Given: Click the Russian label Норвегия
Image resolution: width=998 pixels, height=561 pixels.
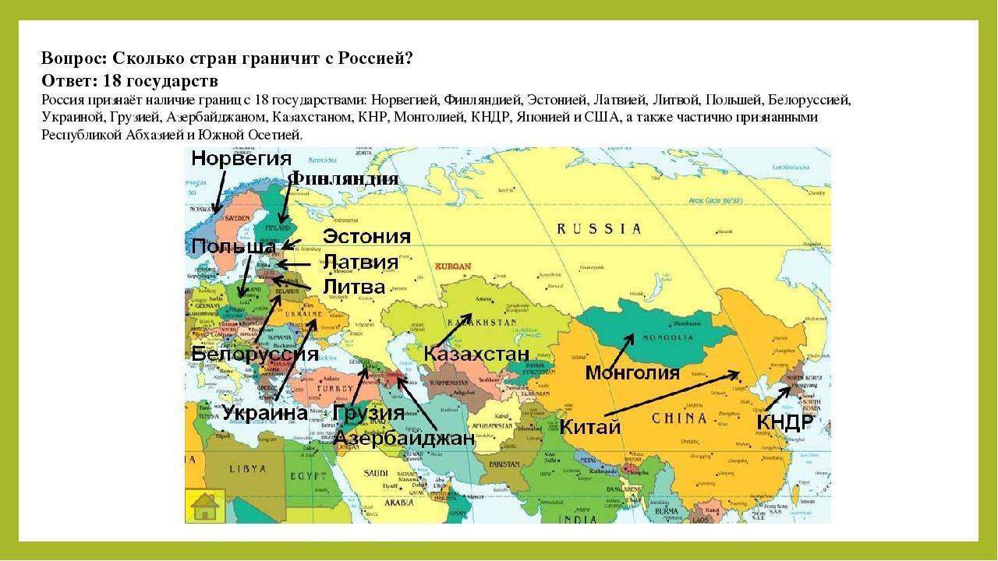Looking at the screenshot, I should tap(241, 159).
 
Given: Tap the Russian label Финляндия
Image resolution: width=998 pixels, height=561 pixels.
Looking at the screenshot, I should tap(344, 179).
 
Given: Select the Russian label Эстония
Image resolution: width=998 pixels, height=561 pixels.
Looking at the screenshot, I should tap(366, 237).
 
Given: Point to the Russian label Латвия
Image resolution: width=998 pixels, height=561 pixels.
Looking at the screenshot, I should tap(360, 262).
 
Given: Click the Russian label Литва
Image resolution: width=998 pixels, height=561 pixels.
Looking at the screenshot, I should tap(354, 287).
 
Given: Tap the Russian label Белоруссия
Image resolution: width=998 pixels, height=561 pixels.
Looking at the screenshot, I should tap(255, 354).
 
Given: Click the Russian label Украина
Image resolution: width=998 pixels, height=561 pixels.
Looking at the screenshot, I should tap(265, 413).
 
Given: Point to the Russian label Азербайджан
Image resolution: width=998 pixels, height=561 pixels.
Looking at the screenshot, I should tap(404, 438).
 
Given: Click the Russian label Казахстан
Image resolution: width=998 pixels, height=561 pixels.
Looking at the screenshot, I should tap(476, 355).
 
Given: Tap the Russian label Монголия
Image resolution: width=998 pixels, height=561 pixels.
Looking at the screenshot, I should tap(632, 372).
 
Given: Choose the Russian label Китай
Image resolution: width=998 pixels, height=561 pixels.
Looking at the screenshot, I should tap(590, 427).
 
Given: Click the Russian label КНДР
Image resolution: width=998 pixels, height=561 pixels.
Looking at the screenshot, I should tap(785, 422).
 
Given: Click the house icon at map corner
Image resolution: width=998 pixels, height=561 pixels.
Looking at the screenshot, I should tap(205, 506).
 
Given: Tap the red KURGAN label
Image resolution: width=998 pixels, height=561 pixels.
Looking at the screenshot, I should tap(453, 266).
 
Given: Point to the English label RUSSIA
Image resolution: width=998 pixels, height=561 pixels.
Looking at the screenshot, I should tap(600, 229).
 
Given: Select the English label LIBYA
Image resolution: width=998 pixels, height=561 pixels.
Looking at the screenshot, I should tap(246, 469).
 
